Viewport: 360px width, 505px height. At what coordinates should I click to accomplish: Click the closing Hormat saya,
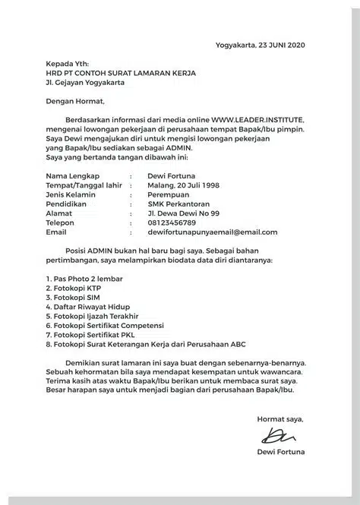279,418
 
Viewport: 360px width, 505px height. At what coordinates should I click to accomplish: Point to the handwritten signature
278,437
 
